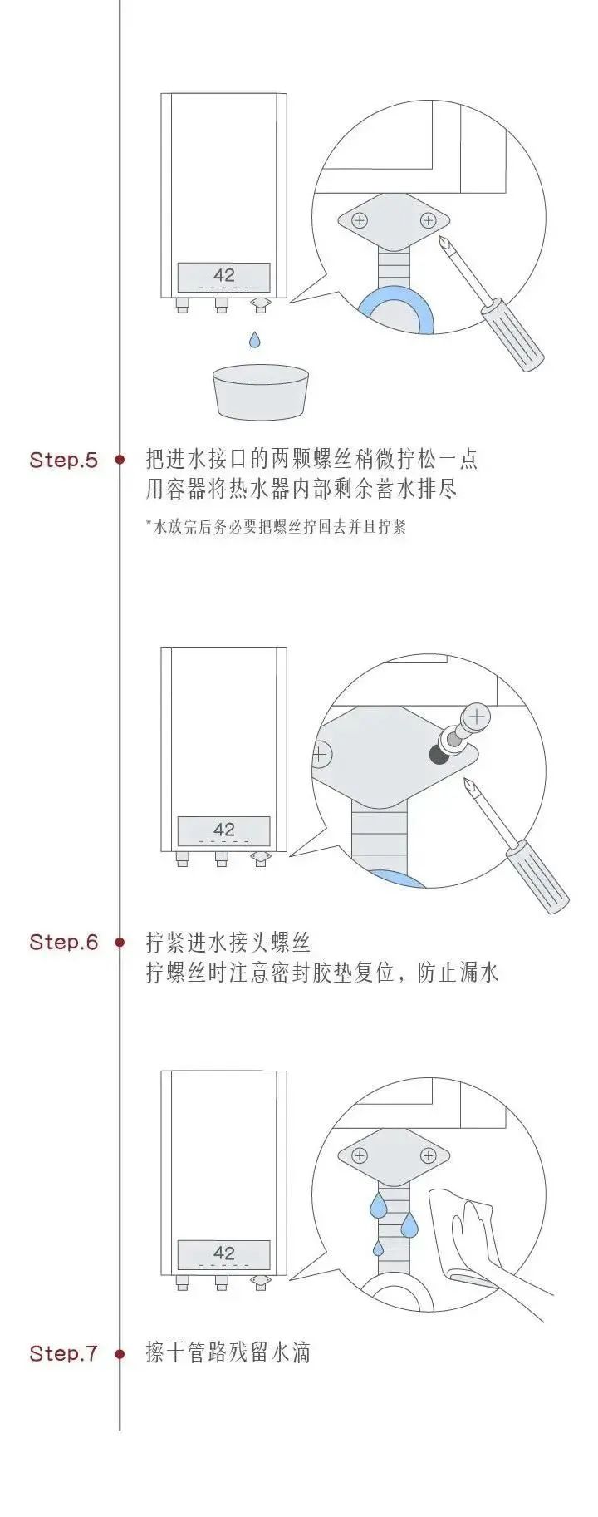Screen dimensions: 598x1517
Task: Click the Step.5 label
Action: [x=63, y=460]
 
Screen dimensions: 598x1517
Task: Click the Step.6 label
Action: [x=63, y=942]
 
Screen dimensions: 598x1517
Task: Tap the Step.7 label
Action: [x=63, y=1353]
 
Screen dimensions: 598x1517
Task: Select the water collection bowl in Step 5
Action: [x=262, y=392]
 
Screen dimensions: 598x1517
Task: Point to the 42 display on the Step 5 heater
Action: [x=224, y=276]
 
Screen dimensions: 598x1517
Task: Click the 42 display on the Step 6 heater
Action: [x=224, y=830]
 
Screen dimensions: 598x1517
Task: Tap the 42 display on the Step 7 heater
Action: [x=224, y=1253]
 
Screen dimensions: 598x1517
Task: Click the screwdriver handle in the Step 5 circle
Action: [x=512, y=337]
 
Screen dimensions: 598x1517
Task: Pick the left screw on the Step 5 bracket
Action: [x=360, y=221]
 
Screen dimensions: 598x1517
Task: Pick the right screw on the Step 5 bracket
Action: [x=429, y=220]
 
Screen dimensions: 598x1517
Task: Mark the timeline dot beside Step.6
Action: [x=120, y=942]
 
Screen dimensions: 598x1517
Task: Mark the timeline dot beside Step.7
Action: [x=120, y=1353]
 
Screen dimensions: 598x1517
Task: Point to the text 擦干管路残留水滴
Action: [x=228, y=1353]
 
